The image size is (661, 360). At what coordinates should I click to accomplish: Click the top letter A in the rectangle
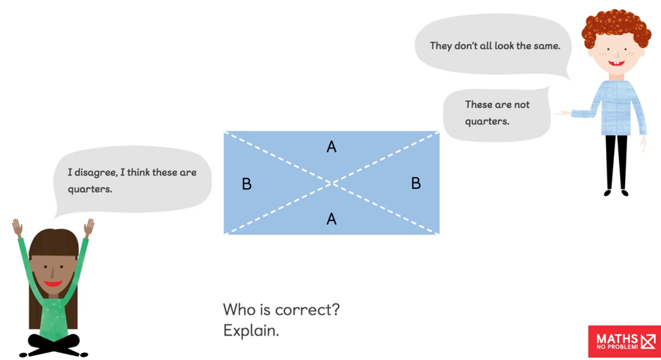click(331, 147)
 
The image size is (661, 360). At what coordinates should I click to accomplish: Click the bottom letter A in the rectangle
click(331, 219)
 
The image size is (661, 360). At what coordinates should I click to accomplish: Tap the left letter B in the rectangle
click(247, 184)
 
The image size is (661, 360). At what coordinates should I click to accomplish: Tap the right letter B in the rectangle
click(416, 183)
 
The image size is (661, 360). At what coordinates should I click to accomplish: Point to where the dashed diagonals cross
click(332, 183)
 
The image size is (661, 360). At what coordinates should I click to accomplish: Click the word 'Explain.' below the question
click(251, 331)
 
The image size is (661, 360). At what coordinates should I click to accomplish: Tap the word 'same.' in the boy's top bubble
click(547, 46)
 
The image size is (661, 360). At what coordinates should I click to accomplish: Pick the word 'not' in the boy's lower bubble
click(522, 104)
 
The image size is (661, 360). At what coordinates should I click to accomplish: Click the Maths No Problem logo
click(625, 342)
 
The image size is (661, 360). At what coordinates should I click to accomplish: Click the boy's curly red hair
click(616, 27)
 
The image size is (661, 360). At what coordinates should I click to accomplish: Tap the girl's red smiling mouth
click(54, 283)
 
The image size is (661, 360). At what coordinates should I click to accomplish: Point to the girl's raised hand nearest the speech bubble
click(89, 228)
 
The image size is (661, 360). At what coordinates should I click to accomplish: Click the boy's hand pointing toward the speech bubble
click(563, 112)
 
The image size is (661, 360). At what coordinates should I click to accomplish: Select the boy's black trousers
click(616, 162)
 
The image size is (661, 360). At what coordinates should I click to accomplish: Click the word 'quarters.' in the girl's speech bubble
click(90, 190)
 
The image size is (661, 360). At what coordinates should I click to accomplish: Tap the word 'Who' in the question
click(239, 310)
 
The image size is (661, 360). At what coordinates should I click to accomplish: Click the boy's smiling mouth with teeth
click(616, 64)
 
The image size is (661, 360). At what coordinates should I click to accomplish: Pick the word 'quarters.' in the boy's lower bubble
click(487, 121)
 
